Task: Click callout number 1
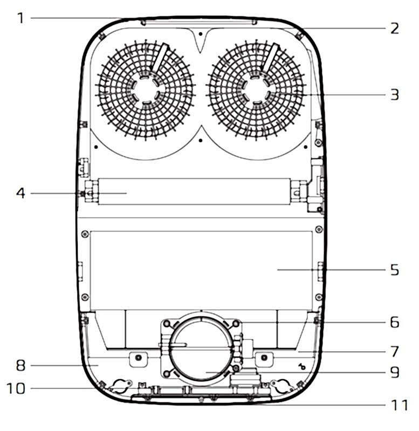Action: pyautogui.click(x=20, y=18)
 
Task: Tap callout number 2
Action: pyautogui.click(x=395, y=28)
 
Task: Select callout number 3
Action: pyautogui.click(x=395, y=95)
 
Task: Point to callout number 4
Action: pyautogui.click(x=20, y=192)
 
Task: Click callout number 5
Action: pyautogui.click(x=395, y=269)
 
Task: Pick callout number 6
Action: pyautogui.click(x=395, y=322)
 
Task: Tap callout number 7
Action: pyautogui.click(x=395, y=351)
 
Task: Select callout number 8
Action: pyautogui.click(x=20, y=365)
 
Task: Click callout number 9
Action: pyautogui.click(x=395, y=372)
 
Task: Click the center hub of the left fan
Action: pyautogui.click(x=144, y=89)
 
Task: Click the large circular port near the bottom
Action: pyautogui.click(x=201, y=350)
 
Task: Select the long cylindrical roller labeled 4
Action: pyautogui.click(x=194, y=192)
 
